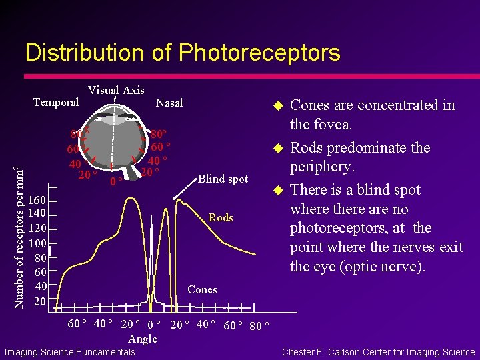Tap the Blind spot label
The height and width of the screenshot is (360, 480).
coord(223,179)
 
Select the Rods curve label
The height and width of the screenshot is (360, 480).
coord(221,217)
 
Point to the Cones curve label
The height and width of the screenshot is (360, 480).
coord(202,289)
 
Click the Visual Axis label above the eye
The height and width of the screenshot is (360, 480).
coord(116,90)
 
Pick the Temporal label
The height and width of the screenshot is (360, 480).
coord(56,102)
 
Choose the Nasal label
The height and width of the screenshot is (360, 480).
coord(169,103)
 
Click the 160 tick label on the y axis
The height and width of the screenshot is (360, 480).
coord(37,201)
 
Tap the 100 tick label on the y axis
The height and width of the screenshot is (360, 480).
coord(37,243)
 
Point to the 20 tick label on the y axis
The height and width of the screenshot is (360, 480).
coord(40,301)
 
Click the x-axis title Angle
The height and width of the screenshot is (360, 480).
coord(143,339)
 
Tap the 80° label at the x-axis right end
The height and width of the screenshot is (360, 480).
coord(259,326)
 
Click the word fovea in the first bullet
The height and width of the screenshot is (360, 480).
coord(333,125)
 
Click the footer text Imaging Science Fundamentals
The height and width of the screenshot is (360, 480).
coord(69,352)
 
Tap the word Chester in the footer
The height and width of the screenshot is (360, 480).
coord(301,352)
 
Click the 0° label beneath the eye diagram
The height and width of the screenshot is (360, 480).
coord(116,181)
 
